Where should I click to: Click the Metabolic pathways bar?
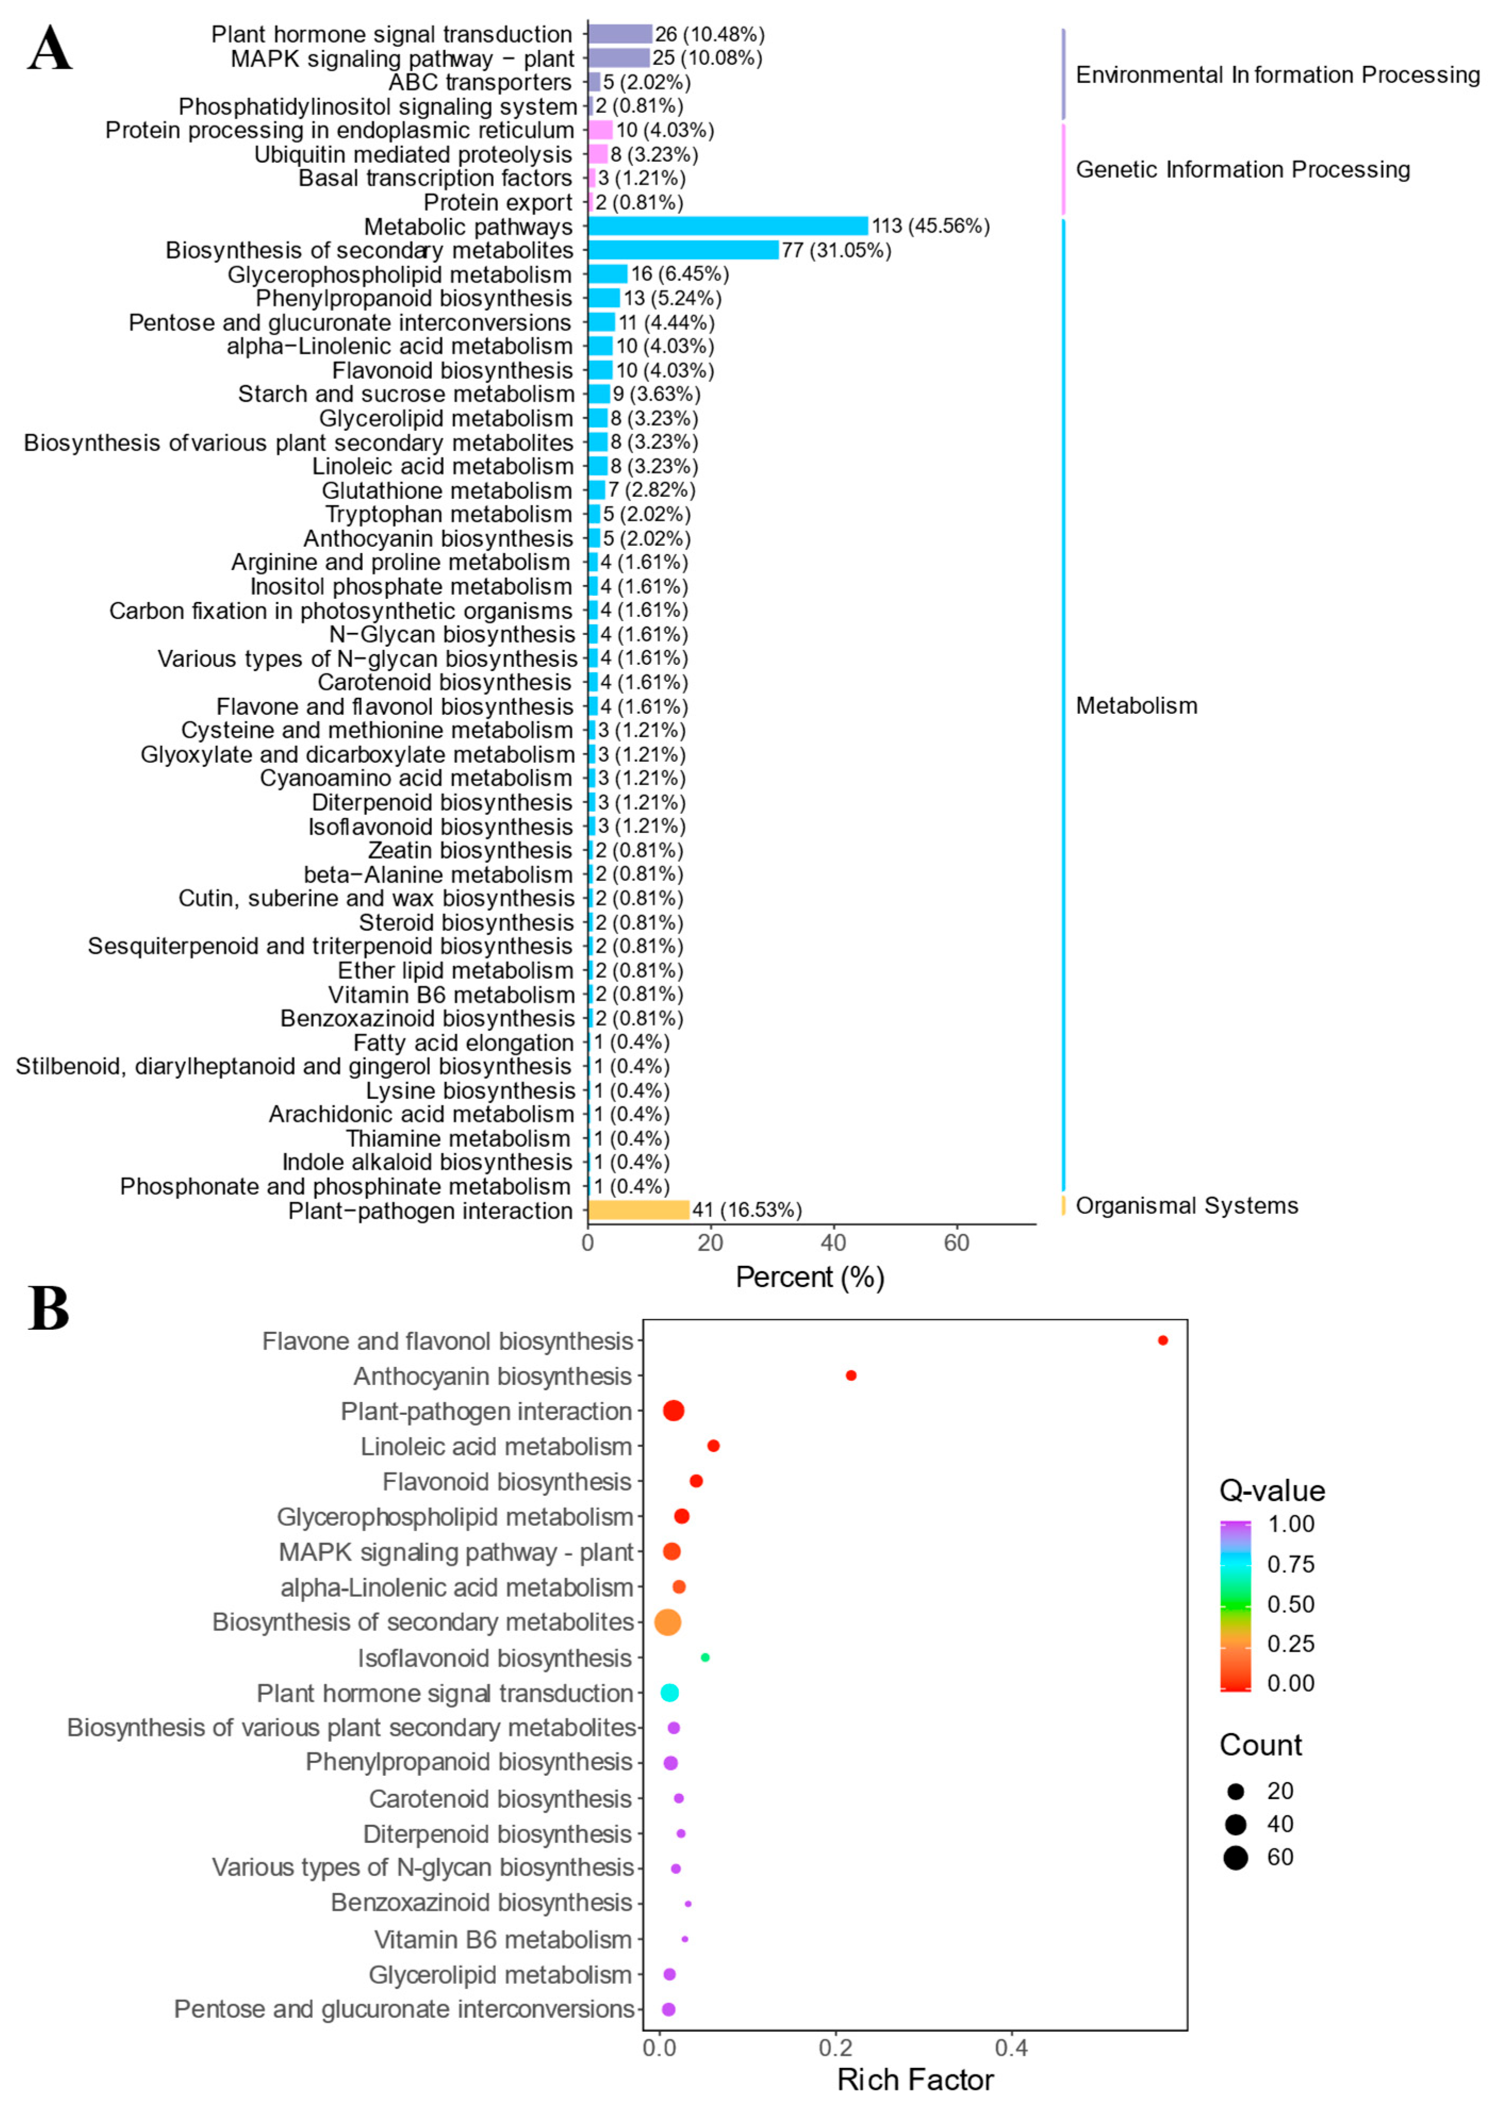point(727,226)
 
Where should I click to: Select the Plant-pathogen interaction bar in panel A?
point(638,1209)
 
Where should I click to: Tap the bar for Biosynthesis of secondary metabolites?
point(683,250)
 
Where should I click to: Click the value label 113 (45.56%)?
point(930,226)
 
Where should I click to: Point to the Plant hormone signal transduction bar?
point(620,34)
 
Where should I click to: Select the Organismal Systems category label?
point(1187,1206)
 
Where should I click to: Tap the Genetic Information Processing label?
point(1243,169)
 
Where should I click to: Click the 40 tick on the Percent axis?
point(833,1243)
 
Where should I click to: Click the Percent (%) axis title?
point(809,1278)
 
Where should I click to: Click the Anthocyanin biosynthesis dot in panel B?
point(850,1375)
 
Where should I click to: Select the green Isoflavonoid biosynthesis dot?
point(705,1657)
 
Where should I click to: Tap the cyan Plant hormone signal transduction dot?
point(669,1692)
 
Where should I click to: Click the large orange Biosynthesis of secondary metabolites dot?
point(667,1622)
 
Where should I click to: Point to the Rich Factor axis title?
point(915,2080)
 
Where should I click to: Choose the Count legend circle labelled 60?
point(1235,1858)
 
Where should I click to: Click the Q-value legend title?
point(1271,1490)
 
